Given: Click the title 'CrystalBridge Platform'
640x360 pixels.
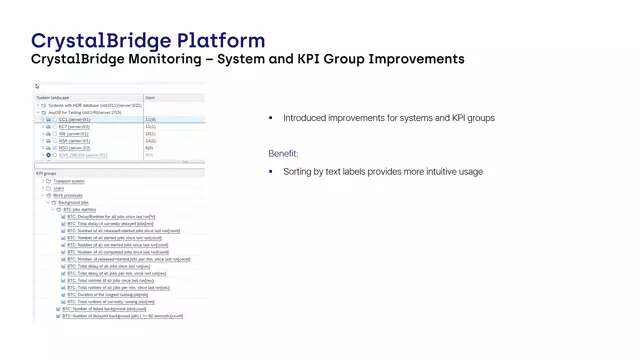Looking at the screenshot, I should click(148, 41).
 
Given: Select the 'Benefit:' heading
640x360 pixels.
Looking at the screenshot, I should click(283, 153).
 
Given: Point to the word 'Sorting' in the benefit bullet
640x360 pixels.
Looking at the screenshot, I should click(298, 172).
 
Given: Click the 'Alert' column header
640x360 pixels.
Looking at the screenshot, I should click(150, 98).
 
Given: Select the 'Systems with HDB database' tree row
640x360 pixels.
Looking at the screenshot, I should click(89, 105).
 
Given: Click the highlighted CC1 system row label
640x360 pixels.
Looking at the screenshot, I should click(75, 120).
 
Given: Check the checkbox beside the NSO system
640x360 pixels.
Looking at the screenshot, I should click(49, 148).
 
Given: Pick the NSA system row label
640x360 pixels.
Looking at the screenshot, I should click(74, 141).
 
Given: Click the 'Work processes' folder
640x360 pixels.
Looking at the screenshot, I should click(69, 195).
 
